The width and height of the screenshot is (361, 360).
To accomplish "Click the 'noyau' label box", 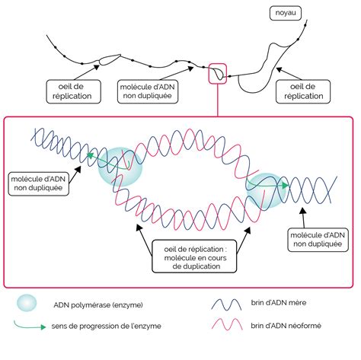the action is tap(285, 13).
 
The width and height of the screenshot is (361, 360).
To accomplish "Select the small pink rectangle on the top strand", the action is tap(217, 73).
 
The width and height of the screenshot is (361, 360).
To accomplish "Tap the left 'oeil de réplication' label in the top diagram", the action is tap(73, 91).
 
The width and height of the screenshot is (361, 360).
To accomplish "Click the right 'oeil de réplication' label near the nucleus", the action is tap(303, 91).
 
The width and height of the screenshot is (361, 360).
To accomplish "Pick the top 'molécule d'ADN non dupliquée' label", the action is tap(148, 91).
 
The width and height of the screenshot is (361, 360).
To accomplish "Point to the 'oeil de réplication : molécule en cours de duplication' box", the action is tap(194, 256).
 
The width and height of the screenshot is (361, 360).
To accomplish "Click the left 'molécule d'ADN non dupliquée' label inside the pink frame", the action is tap(39, 184).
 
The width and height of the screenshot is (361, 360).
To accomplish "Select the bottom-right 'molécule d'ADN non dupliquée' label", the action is tap(318, 240).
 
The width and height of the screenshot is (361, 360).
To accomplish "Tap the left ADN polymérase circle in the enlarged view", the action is tap(120, 167).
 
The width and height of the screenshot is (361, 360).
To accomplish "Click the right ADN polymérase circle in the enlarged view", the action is tap(267, 190).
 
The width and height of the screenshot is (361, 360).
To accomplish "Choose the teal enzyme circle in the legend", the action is tap(27, 303).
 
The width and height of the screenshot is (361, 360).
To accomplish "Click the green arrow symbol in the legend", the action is tap(30, 326).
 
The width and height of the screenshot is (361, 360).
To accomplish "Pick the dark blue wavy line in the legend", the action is tap(226, 304).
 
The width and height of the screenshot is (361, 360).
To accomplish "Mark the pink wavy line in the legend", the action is tap(227, 324).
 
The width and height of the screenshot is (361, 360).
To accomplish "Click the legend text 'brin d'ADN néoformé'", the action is tap(286, 326).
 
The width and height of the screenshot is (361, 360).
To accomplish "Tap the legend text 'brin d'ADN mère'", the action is tap(279, 302).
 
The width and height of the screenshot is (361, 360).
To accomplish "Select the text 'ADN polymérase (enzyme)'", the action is tap(98, 304).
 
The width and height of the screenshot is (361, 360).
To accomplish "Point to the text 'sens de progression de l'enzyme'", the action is tap(106, 326).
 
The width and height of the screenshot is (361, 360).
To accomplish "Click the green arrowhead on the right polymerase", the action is tap(286, 186).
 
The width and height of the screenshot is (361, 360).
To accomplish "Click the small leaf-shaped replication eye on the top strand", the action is tap(110, 59).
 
